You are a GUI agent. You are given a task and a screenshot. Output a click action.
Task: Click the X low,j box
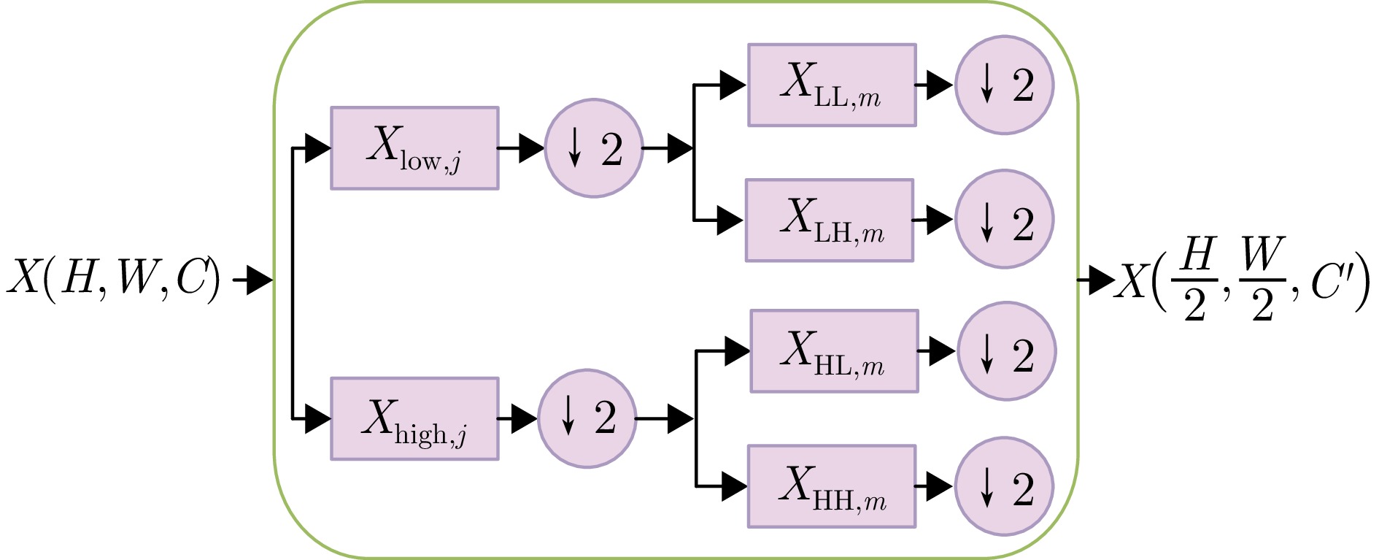pyautogui.click(x=414, y=148)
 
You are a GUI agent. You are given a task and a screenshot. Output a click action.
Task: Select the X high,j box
pyautogui.click(x=414, y=418)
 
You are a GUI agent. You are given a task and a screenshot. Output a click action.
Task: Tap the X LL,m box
pyautogui.click(x=832, y=85)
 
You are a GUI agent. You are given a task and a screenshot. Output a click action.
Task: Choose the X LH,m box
pyautogui.click(x=829, y=220)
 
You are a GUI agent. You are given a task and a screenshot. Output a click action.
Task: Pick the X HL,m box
pyautogui.click(x=834, y=351)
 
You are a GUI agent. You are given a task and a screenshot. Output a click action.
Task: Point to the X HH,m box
pyautogui.click(x=831, y=486)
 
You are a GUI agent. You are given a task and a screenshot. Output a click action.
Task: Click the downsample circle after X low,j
pyautogui.click(x=593, y=148)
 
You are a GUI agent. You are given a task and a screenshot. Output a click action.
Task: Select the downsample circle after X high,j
pyautogui.click(x=587, y=418)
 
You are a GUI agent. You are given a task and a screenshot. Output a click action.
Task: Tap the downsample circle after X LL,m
pyautogui.click(x=1004, y=85)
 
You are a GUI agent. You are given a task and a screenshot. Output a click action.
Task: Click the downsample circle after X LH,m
pyautogui.click(x=1004, y=219)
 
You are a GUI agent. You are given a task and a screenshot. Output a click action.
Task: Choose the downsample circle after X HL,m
pyautogui.click(x=1006, y=351)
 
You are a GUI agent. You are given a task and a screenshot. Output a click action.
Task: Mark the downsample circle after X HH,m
pyautogui.click(x=1004, y=486)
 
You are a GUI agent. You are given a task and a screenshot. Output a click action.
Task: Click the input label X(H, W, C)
pyautogui.click(x=113, y=278)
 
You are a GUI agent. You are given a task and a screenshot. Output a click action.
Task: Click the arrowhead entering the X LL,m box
pyautogui.click(x=732, y=85)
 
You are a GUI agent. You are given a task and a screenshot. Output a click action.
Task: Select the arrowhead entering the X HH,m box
pyautogui.click(x=733, y=486)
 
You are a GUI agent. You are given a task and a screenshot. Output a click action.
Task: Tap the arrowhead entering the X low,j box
pyautogui.click(x=317, y=148)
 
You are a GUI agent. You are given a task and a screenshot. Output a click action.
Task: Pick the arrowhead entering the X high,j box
pyautogui.click(x=317, y=418)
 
